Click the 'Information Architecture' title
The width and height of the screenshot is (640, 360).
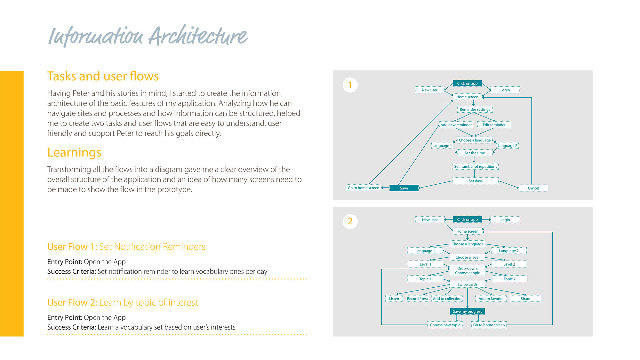tap(148, 36)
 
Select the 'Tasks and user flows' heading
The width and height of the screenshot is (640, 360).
tap(103, 76)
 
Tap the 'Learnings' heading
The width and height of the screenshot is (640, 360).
tap(74, 152)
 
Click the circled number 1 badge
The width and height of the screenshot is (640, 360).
tap(350, 85)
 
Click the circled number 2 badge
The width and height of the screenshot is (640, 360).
tap(350, 221)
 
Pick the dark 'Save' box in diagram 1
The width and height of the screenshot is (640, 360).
tap(404, 188)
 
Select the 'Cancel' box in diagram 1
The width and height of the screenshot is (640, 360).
tap(533, 188)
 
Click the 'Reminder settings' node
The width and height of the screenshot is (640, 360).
tap(475, 109)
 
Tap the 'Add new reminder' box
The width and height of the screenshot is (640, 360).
tap(456, 125)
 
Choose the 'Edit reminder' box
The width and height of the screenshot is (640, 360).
tap(494, 125)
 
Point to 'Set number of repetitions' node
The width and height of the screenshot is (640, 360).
tap(476, 166)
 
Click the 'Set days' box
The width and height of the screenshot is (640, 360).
tap(476, 181)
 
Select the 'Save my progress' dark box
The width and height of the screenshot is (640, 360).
tap(467, 311)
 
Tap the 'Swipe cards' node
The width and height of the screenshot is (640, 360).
tap(467, 284)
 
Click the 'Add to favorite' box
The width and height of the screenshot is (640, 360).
tap(491, 299)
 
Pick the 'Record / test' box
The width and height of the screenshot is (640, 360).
tap(417, 299)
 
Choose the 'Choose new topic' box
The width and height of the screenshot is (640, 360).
tap(445, 325)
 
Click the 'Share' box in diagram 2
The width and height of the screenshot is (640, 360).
tap(525, 299)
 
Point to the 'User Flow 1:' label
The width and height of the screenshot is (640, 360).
tap(72, 247)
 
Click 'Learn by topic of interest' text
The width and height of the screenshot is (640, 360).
tap(148, 302)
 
